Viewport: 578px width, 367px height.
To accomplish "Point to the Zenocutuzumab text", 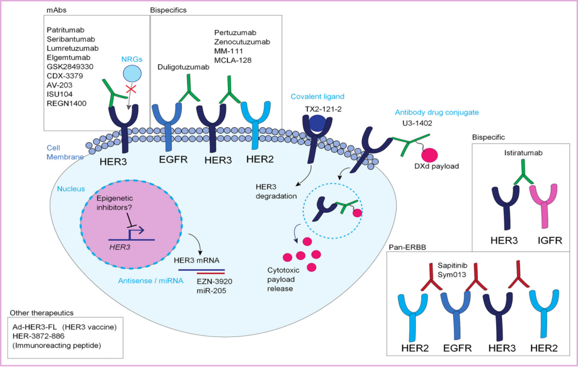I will coord(242,42).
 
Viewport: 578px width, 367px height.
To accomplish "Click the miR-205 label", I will coord(213,290).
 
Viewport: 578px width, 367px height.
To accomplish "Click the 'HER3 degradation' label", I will coord(276,191).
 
